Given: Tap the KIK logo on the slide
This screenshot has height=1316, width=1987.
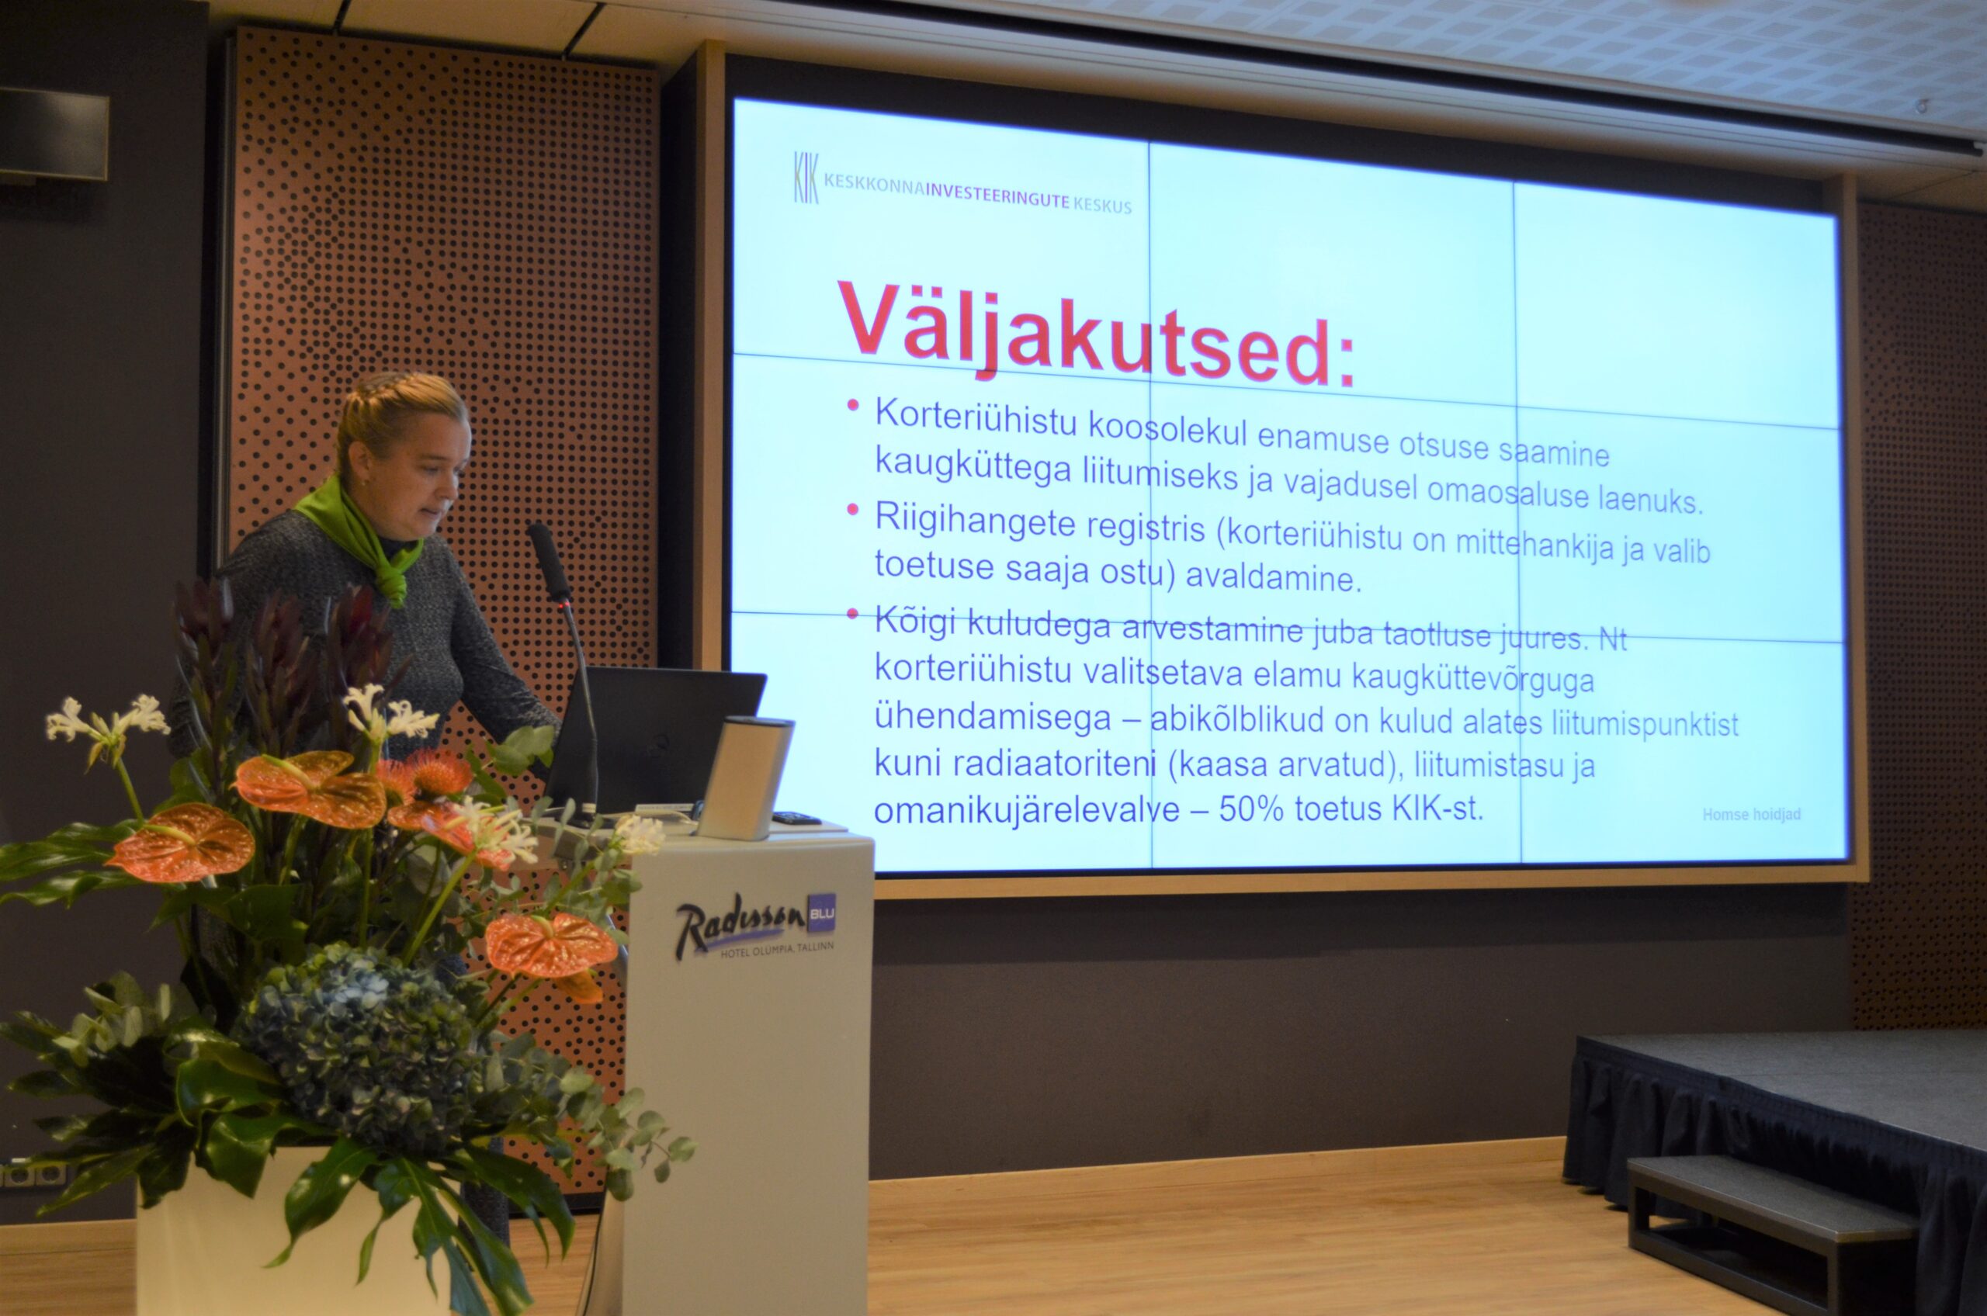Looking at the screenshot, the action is tap(806, 177).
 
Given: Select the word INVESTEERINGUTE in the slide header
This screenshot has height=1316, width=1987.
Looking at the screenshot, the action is tap(997, 197).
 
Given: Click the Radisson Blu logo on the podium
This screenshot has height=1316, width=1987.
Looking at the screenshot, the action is tap(754, 925).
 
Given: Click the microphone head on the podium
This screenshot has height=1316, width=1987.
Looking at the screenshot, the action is tap(549, 561).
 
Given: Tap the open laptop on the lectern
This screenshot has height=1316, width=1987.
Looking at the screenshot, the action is tap(655, 739).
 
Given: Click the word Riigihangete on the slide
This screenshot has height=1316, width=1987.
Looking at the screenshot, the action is tap(975, 523).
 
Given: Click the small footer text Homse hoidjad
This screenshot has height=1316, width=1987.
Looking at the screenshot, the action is tap(1751, 814).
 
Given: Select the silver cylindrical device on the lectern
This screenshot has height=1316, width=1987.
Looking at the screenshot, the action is tap(744, 777).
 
